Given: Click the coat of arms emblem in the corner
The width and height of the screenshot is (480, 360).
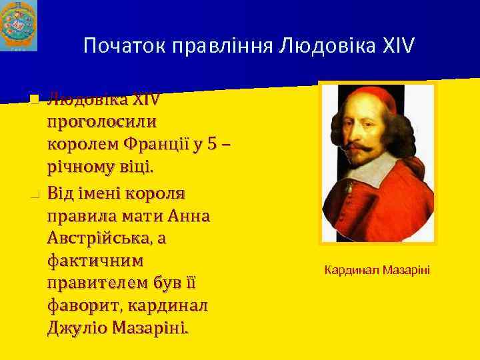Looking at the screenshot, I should point(19,25).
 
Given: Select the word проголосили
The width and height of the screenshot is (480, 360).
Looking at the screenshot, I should point(102,121).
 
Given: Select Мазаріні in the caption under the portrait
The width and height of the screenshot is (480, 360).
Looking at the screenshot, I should point(407,269).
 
